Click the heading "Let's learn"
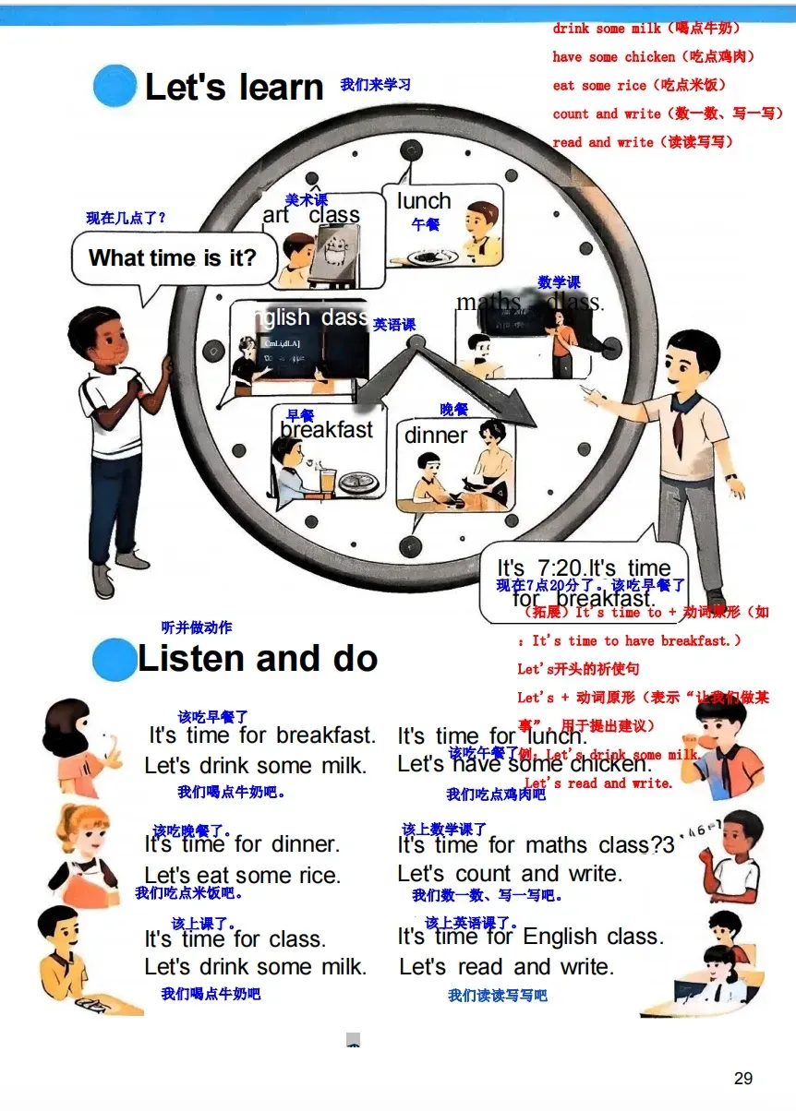click(235, 88)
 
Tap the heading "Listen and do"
click(258, 659)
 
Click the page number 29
click(743, 1078)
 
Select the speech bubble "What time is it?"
click(173, 258)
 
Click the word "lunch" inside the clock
click(424, 201)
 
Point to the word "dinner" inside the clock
click(436, 436)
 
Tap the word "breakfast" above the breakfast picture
click(327, 430)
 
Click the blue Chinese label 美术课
click(307, 200)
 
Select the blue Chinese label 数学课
click(560, 282)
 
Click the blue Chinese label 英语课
click(394, 325)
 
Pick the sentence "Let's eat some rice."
click(243, 875)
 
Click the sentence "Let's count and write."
click(510, 873)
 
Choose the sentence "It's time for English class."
click(530, 937)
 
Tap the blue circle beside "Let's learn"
click(115, 86)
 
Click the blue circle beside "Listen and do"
click(114, 660)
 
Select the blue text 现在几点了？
click(126, 219)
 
